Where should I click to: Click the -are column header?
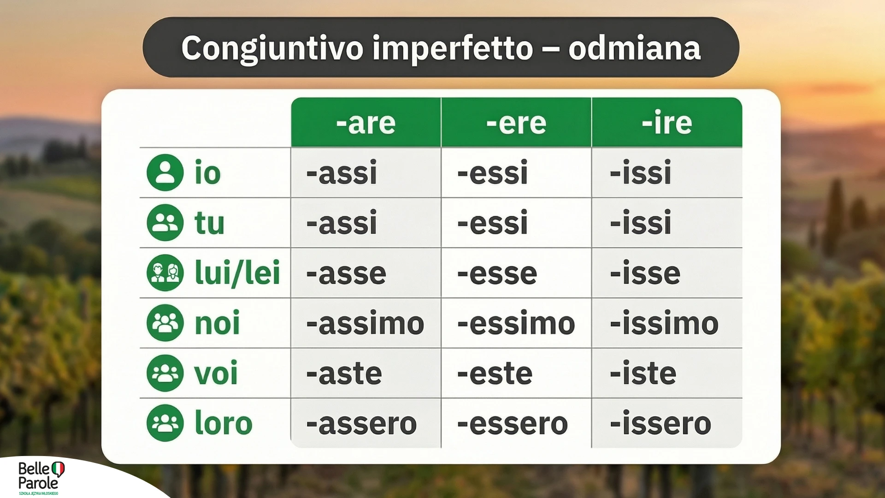point(366,123)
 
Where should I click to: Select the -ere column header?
point(516,123)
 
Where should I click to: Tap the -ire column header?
point(667,123)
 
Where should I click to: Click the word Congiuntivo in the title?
point(272,48)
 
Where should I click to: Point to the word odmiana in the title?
point(634,48)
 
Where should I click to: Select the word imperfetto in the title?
point(453,48)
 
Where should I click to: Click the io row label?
point(207,173)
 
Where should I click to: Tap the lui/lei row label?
point(237,273)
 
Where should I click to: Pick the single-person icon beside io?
point(165,173)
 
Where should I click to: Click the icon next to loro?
point(165,423)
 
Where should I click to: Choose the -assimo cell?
point(365,323)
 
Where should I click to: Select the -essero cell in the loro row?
point(513,423)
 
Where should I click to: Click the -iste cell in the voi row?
point(643,373)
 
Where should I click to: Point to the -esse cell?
point(497,273)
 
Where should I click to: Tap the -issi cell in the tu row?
point(640,223)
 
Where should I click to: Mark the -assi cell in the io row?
point(342,173)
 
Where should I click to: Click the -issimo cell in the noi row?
point(664,323)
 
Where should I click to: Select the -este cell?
point(495,373)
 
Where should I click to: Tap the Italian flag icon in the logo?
point(58,468)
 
